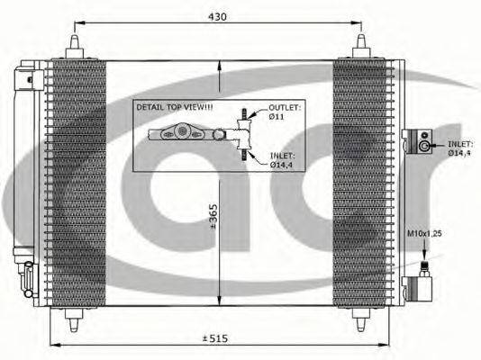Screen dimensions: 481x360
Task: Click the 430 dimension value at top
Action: pyautogui.click(x=217, y=16)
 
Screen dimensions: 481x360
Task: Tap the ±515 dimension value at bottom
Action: pyautogui.click(x=215, y=338)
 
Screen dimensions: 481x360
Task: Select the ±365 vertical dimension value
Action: pyautogui.click(x=213, y=216)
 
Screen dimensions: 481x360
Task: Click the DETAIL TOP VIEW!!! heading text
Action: pyautogui.click(x=175, y=107)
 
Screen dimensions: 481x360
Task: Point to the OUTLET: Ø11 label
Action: pyautogui.click(x=285, y=112)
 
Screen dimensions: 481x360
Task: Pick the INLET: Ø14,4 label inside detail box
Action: pyautogui.click(x=282, y=160)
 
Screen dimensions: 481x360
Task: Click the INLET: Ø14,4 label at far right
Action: pyautogui.click(x=459, y=148)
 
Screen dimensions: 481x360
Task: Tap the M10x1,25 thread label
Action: pyautogui.click(x=424, y=233)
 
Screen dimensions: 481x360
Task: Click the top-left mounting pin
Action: pyautogui.click(x=75, y=46)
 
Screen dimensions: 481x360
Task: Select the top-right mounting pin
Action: pyautogui.click(x=361, y=46)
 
